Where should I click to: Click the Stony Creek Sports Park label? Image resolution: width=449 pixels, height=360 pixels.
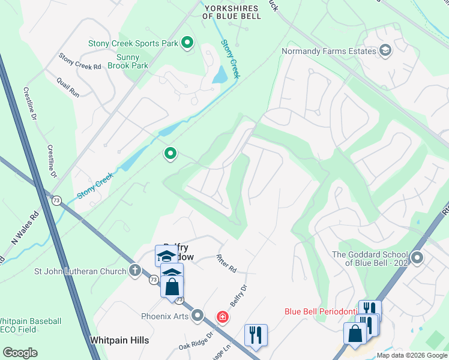(133, 43)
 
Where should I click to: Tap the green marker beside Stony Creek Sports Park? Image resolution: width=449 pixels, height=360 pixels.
(187, 43)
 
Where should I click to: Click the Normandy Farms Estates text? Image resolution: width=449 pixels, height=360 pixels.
(329, 51)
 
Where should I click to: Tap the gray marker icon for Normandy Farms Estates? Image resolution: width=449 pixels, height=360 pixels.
(385, 50)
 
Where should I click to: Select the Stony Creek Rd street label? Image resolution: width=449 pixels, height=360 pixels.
(79, 62)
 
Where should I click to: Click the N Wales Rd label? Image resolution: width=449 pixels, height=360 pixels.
(23, 229)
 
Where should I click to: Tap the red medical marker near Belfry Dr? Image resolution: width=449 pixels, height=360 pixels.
(222, 316)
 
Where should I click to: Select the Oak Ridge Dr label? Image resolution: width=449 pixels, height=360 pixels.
(196, 342)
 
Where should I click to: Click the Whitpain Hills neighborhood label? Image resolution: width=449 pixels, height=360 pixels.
(119, 340)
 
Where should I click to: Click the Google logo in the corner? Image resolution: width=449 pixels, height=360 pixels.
(20, 352)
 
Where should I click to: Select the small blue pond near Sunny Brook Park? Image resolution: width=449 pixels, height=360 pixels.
(220, 74)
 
